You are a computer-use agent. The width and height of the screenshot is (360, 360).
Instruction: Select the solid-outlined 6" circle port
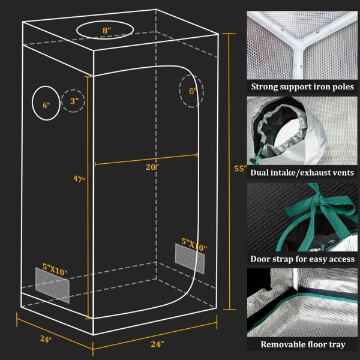46,104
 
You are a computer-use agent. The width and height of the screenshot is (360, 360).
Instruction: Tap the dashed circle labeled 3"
73,101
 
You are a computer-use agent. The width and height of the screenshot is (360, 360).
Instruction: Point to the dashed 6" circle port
191,92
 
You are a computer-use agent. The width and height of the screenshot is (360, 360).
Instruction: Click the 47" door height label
79,179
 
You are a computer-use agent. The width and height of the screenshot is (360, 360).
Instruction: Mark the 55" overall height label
240,169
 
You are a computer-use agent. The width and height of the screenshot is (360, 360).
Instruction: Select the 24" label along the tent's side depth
46,339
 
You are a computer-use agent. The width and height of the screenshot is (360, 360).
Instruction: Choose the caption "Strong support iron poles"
302,87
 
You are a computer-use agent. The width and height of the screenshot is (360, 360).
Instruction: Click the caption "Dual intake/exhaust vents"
302,173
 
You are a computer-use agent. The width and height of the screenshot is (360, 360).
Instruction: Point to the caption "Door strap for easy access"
302,259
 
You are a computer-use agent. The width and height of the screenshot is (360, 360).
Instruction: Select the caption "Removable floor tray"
302,345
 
